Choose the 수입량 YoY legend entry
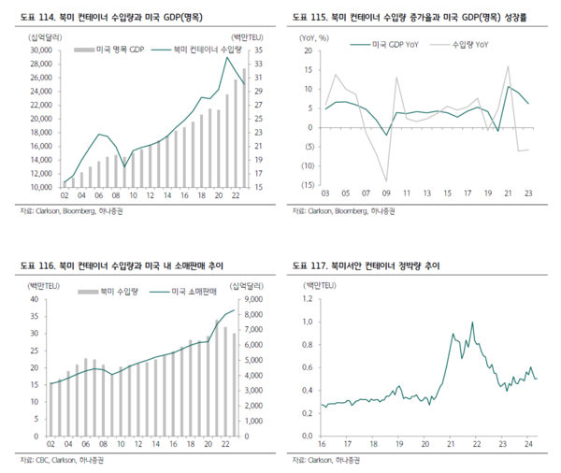467,43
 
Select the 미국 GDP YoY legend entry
394,43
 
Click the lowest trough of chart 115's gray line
385,181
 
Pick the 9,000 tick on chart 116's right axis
257,299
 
